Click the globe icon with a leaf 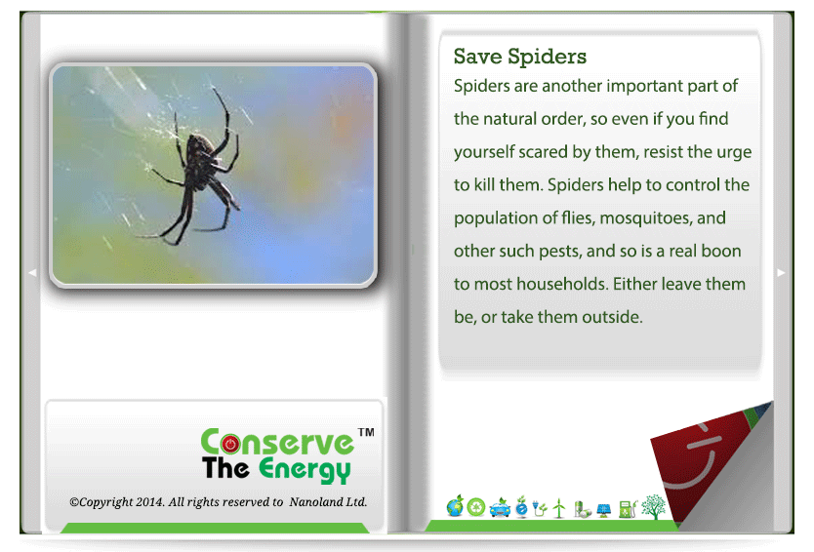pos(455,506)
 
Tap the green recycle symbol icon pos(476,507)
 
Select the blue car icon pos(500,507)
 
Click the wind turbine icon pos(559,508)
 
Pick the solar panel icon pos(604,510)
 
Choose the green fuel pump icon pos(629,508)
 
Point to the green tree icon pos(654,507)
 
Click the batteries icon pos(582,509)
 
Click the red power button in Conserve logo pos(230,444)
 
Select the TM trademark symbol pos(366,432)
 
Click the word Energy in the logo pos(305,469)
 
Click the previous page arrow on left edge pos(32,272)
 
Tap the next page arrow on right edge pos(781,272)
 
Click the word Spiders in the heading pos(547,57)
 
